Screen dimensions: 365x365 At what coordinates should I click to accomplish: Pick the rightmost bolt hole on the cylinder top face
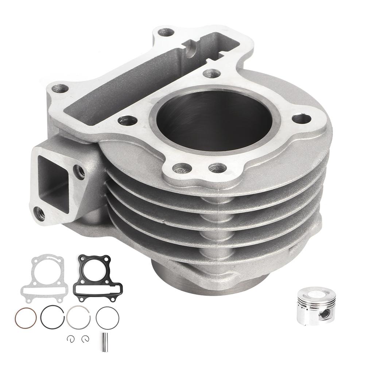(302, 119)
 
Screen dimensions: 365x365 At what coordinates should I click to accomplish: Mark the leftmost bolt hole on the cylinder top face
(60, 89)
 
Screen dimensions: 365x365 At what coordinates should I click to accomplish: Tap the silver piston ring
(78, 317)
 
